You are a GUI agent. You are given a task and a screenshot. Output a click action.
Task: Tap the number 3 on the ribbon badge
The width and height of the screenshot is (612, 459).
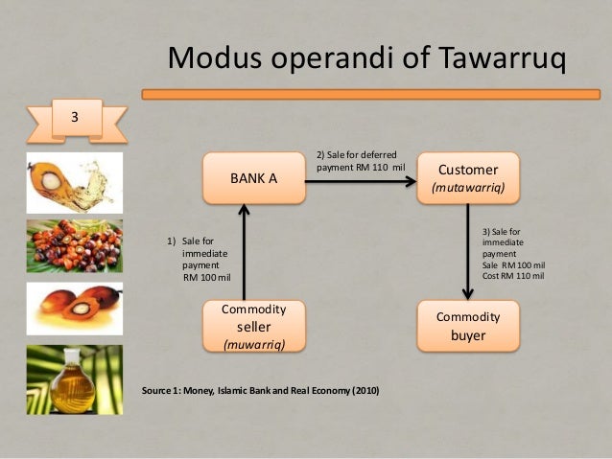72,118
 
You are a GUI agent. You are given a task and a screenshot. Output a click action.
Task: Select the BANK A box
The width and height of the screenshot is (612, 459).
253,178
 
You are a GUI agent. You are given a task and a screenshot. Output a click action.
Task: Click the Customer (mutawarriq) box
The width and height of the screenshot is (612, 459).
467,177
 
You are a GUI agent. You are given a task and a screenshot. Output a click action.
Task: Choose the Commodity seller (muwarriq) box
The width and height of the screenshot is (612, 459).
253,326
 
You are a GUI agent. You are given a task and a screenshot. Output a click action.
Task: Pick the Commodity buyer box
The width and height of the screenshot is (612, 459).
467,326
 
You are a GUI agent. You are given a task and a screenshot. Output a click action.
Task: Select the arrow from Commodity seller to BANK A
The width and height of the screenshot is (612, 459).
246,253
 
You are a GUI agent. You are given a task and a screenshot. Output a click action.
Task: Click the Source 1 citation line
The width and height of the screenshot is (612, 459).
259,391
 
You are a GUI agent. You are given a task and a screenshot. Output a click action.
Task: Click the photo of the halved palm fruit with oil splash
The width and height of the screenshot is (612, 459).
74,181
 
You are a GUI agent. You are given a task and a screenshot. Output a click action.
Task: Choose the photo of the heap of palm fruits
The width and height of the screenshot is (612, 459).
74,246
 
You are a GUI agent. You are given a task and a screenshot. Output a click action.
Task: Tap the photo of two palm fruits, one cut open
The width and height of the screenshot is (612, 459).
74,310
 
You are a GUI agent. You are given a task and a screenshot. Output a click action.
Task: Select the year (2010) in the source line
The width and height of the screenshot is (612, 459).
363,391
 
